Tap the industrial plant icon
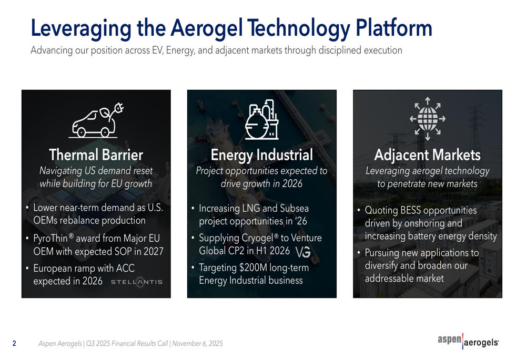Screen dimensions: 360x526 pos(262,120)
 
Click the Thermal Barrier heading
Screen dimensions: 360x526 pos(96,155)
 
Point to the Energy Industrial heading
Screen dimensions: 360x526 pos(261,155)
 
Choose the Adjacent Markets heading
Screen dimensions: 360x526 pos(427,155)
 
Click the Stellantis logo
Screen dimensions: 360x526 pos(137,282)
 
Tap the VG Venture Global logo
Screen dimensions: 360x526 pos(304,252)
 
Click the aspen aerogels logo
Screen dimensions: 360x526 pos(468,342)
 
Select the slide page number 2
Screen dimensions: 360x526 pos(14,344)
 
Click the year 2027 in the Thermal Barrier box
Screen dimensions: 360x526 pos(153,251)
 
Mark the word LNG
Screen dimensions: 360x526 pos(250,209)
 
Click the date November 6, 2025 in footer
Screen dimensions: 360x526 pos(197,344)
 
